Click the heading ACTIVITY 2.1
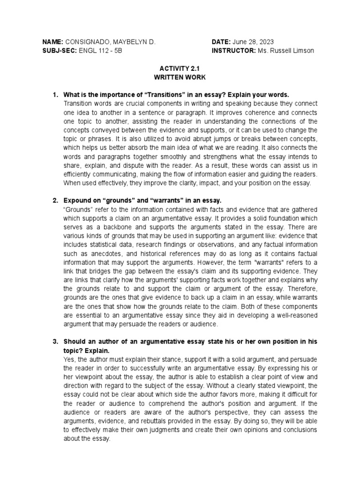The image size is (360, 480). point(180,67)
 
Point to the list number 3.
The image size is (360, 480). point(54,342)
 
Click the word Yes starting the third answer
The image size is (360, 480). point(68,359)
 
